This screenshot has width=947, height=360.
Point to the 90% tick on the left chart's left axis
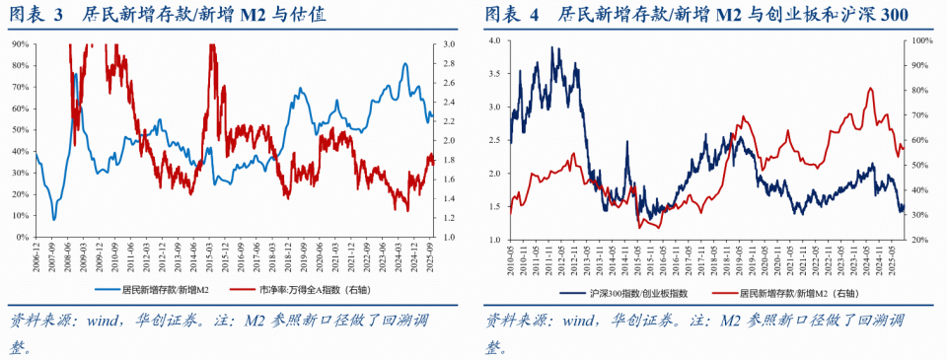(19, 44)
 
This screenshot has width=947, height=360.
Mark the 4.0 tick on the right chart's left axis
(494, 40)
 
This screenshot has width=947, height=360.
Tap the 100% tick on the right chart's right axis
(921, 40)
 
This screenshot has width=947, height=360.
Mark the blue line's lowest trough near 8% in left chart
(53, 219)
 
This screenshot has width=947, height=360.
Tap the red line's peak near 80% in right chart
(869, 89)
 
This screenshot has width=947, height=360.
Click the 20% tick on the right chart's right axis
(919, 240)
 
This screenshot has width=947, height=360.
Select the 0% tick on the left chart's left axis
(21, 237)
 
